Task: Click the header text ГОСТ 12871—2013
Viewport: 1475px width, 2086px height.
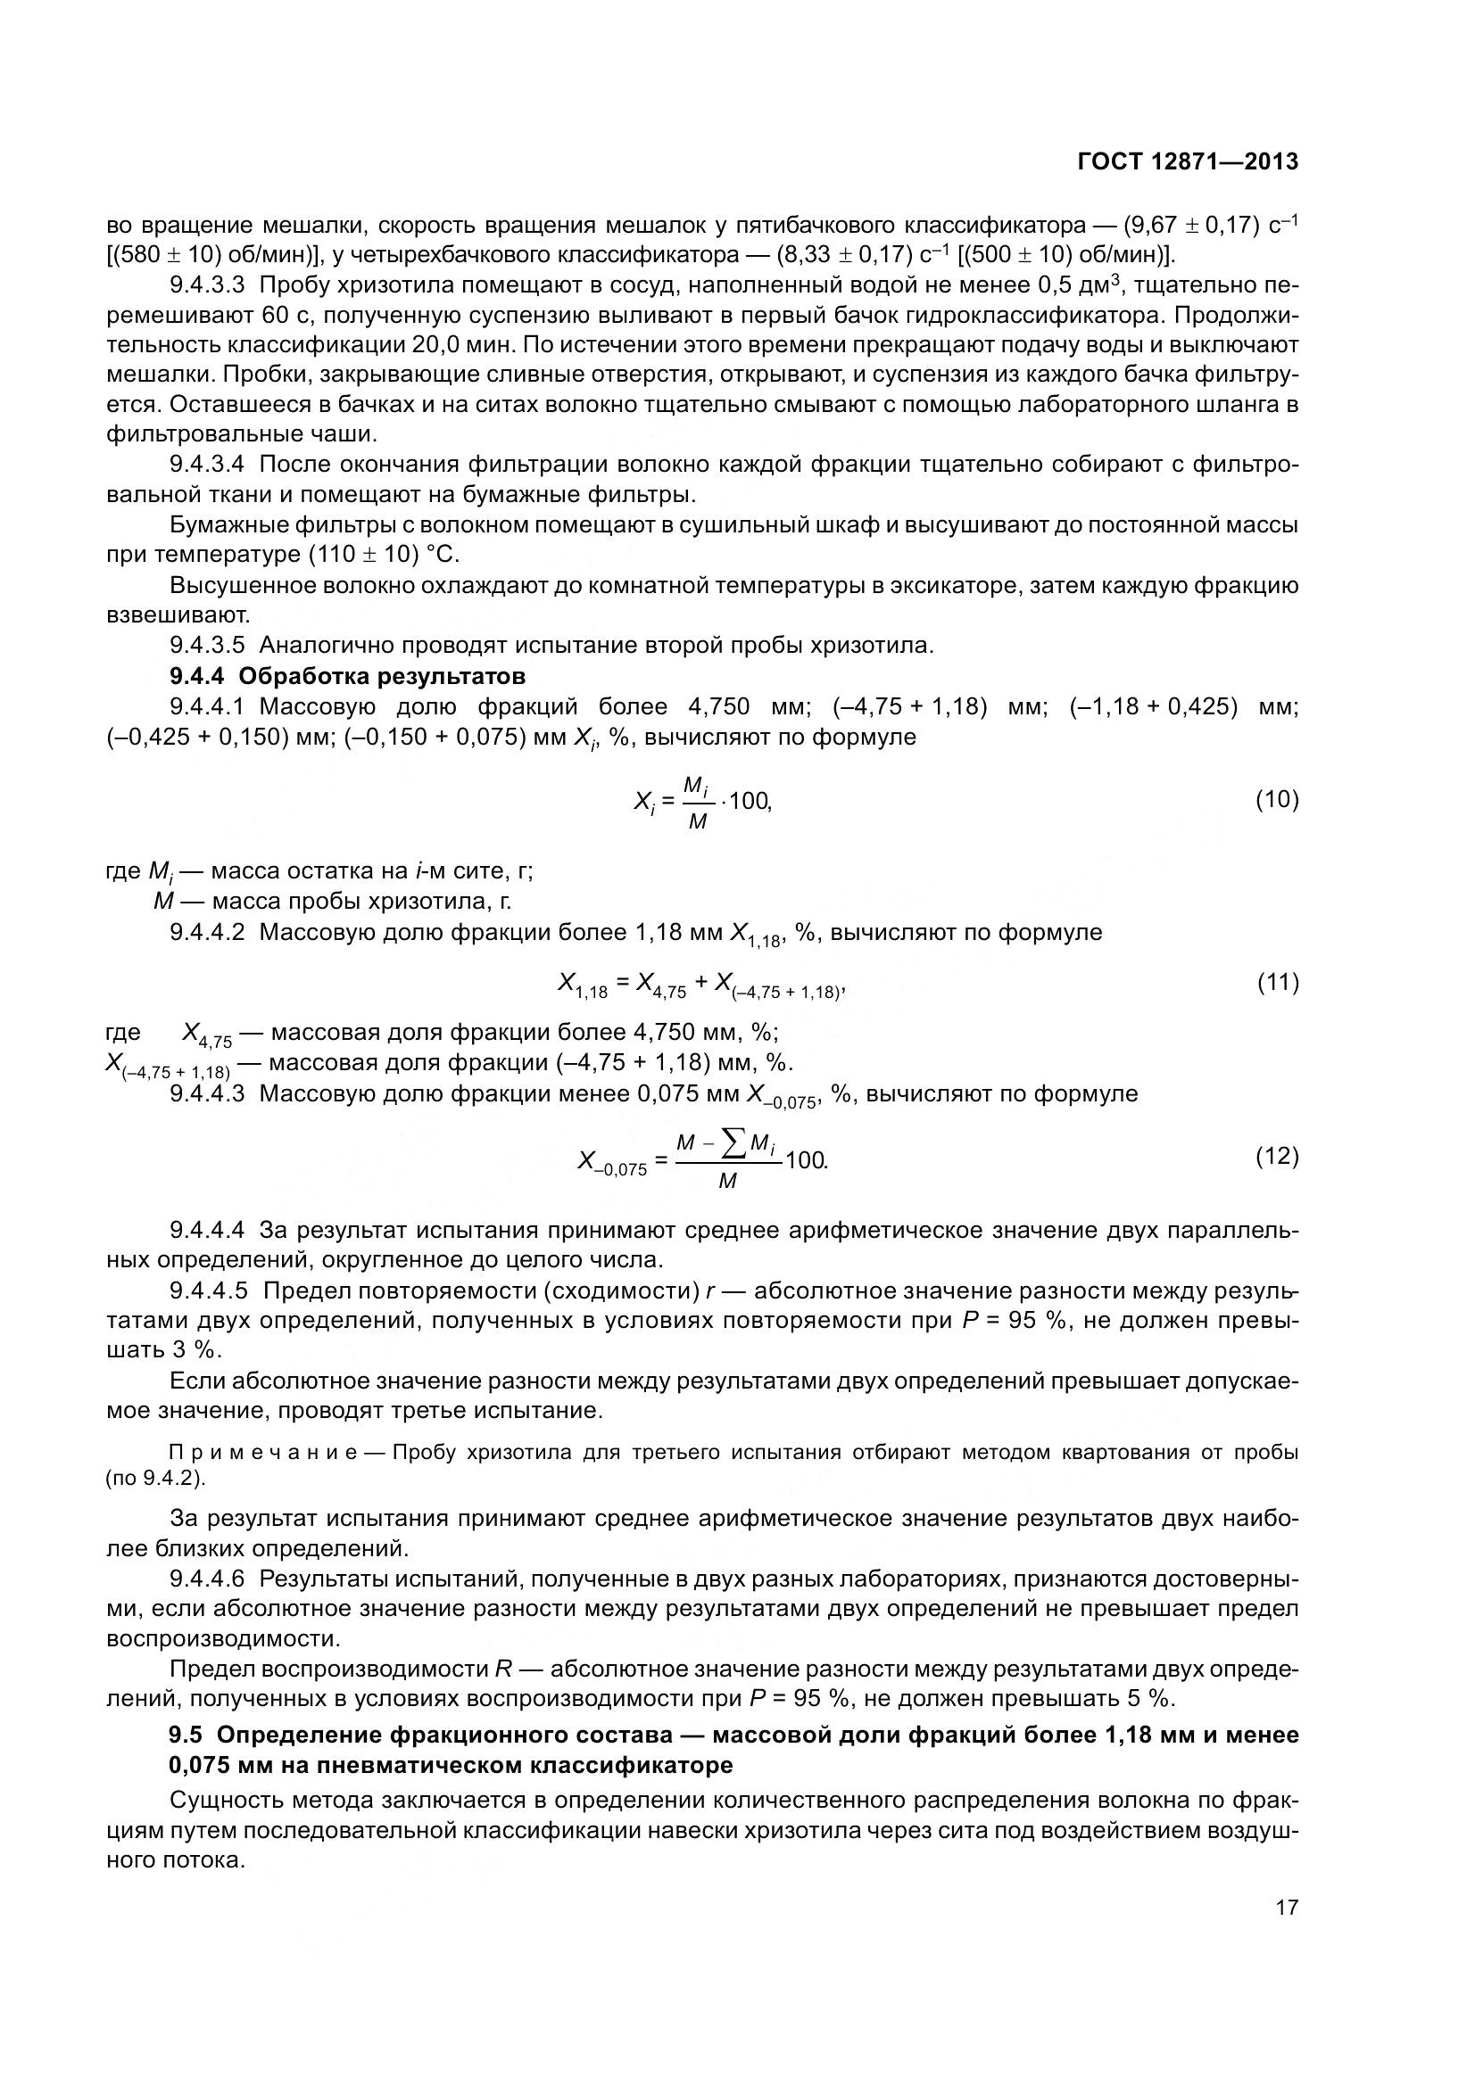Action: tap(1187, 161)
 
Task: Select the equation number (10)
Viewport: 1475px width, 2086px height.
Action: tap(1277, 799)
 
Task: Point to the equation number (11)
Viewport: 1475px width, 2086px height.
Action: tap(1277, 982)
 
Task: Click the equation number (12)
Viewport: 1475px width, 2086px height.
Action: tap(1277, 1156)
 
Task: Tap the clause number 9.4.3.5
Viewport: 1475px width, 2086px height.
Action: tap(207, 646)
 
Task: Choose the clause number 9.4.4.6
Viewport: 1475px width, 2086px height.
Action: tap(207, 1579)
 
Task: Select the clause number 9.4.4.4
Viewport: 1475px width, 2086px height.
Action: tap(207, 1230)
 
